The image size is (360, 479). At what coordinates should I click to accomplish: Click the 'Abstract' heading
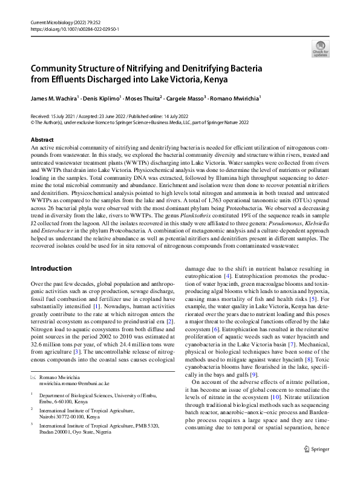42,140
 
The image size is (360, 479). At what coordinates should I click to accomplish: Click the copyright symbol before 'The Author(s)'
33,121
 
